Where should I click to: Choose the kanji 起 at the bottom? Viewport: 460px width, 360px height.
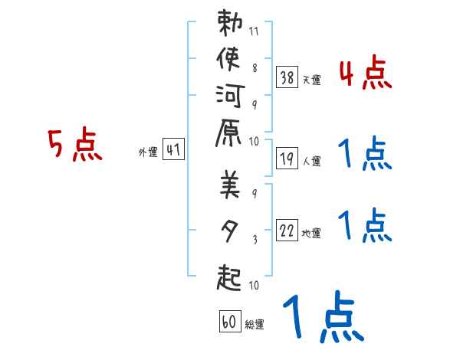[230, 274]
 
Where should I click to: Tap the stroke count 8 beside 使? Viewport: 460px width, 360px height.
[255, 67]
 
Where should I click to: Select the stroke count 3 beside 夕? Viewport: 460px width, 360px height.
[255, 241]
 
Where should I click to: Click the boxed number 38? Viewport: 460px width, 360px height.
[287, 77]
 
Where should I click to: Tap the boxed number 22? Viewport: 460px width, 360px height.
[287, 230]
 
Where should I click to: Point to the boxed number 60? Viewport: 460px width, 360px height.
[229, 321]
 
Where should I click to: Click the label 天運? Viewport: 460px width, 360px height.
[312, 80]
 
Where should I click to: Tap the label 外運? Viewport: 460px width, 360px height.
[148, 152]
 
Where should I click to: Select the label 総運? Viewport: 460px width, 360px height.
[255, 325]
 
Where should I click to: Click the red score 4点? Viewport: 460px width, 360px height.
[365, 74]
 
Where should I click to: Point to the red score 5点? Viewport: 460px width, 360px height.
[74, 145]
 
